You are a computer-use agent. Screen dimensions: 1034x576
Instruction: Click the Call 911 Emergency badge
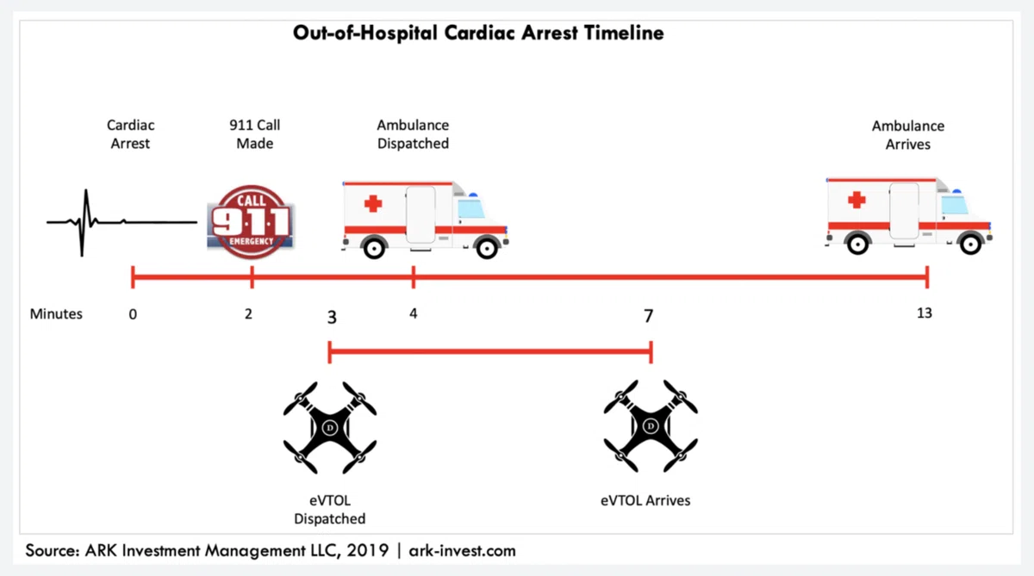pyautogui.click(x=251, y=222)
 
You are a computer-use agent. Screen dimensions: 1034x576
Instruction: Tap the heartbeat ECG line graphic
pyautogui.click(x=121, y=222)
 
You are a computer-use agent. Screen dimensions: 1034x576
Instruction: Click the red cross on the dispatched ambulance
pyautogui.click(x=373, y=203)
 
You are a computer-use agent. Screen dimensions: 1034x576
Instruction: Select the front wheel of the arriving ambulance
pyautogui.click(x=970, y=244)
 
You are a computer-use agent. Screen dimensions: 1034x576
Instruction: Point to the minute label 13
pyautogui.click(x=924, y=313)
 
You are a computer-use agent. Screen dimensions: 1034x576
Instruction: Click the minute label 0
pyautogui.click(x=133, y=314)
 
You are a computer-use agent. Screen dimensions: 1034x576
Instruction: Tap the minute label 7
pyautogui.click(x=649, y=316)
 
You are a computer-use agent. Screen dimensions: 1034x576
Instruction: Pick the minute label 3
pyautogui.click(x=332, y=318)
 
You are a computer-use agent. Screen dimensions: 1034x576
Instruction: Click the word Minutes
pyautogui.click(x=56, y=313)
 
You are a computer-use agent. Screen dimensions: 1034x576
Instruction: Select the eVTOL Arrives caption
pyautogui.click(x=645, y=500)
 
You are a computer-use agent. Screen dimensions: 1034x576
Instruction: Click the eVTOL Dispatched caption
pyautogui.click(x=329, y=510)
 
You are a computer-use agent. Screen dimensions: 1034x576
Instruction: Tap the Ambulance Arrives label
pyautogui.click(x=907, y=135)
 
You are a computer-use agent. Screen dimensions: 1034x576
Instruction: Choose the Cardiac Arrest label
pyautogui.click(x=130, y=134)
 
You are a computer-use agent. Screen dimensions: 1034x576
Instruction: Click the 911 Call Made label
pyautogui.click(x=254, y=134)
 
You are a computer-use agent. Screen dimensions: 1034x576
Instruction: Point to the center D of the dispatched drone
pyautogui.click(x=329, y=428)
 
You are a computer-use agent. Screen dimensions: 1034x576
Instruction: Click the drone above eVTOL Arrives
pyautogui.click(x=651, y=426)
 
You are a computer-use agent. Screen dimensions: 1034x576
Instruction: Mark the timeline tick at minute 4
pyautogui.click(x=413, y=277)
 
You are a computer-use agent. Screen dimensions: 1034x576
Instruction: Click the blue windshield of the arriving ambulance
pyautogui.click(x=954, y=205)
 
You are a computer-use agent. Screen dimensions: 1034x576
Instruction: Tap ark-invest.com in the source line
pyautogui.click(x=462, y=551)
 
